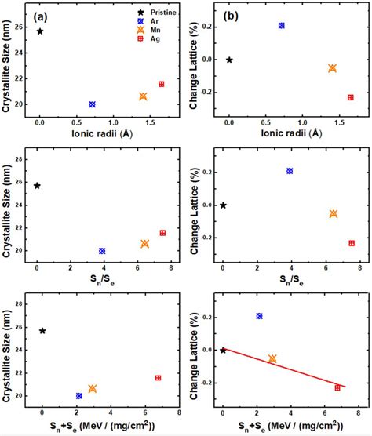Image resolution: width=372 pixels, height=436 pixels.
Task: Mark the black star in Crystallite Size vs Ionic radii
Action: (40, 31)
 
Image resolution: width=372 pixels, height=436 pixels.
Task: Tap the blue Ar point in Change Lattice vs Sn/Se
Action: (290, 171)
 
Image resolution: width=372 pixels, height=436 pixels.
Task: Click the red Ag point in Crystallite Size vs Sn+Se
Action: (158, 378)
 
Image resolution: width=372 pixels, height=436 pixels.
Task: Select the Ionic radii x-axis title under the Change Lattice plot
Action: (290, 133)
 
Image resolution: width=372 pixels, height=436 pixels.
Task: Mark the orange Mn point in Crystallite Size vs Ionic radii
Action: (143, 96)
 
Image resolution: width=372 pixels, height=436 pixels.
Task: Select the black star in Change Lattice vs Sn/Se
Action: (223, 205)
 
